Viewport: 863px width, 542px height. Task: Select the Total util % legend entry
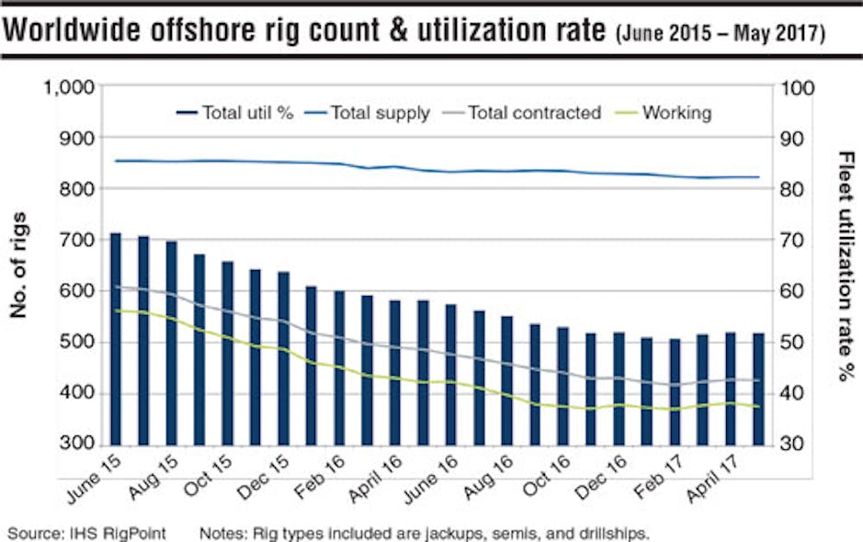(235, 113)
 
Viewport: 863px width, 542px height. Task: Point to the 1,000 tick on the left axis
(69, 88)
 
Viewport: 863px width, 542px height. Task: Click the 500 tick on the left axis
(78, 343)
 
